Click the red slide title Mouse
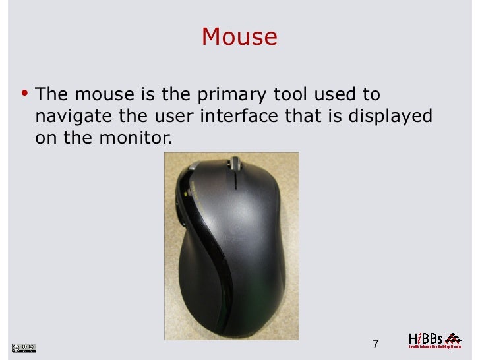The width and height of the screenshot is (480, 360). tap(239, 37)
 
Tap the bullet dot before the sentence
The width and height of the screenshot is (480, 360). tap(24, 93)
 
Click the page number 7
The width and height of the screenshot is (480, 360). tap(376, 344)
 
